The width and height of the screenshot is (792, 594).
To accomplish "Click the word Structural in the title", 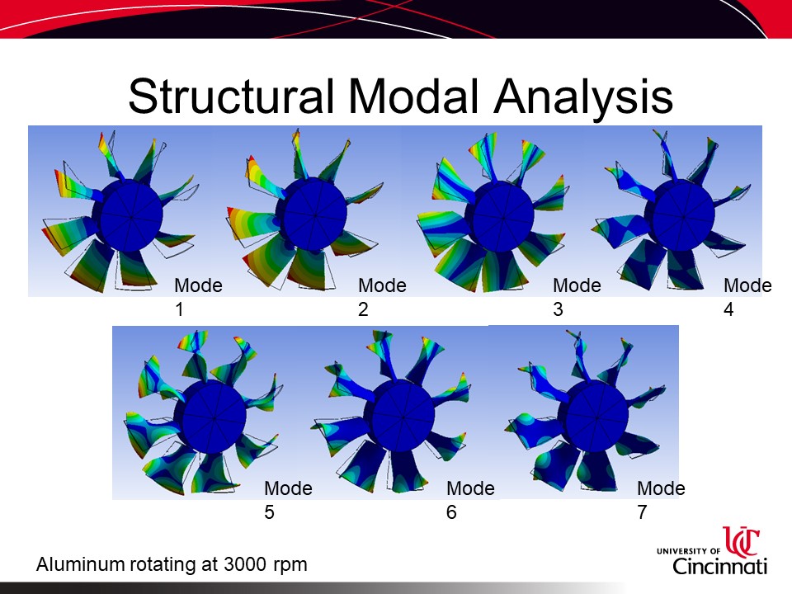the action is (231, 96).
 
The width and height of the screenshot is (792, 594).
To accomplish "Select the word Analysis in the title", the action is (583, 97).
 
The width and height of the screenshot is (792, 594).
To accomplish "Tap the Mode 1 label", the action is (198, 297).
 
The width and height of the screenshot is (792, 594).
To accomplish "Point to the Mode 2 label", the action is (382, 297).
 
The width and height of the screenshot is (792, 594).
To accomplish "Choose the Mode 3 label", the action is (577, 297).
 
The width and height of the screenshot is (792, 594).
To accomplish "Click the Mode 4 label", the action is (747, 297).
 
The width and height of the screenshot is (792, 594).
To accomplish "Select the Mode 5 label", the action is (288, 500).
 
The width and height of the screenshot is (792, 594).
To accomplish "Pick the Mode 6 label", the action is (470, 500).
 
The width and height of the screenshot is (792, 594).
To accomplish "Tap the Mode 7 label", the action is (661, 500).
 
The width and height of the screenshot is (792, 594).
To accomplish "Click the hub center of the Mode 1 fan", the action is (130, 215).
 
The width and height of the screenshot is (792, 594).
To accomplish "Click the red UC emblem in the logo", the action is (742, 540).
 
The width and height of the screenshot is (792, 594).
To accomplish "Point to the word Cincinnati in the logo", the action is (719, 566).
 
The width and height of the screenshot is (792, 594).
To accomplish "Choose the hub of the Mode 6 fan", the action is (403, 417).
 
